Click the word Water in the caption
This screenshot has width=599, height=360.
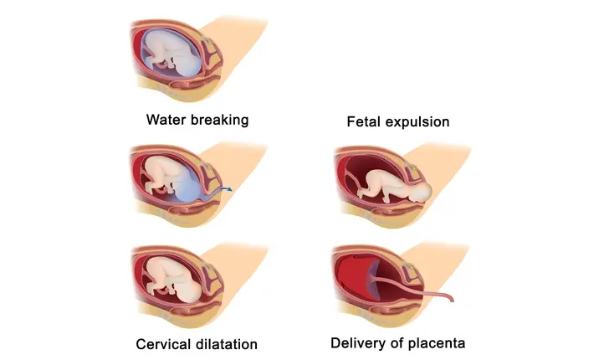(165, 120)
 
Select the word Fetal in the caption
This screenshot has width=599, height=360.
(365, 122)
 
